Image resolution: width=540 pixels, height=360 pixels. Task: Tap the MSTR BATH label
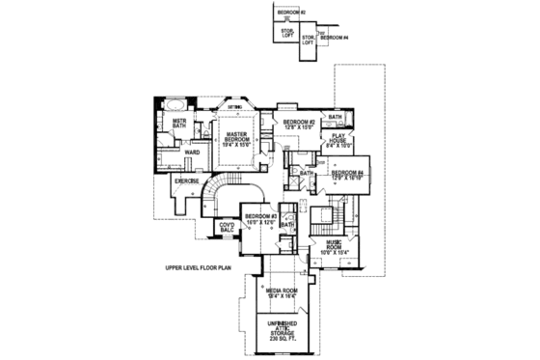coord(178,124)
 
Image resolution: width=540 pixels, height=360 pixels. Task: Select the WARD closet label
coord(192,152)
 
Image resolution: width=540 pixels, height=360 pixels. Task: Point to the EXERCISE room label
coord(186,180)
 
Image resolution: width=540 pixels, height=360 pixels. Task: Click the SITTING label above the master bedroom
coord(234,108)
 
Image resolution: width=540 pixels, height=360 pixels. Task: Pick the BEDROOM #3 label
coord(261,215)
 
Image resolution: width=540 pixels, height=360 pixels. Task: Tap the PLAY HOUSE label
coord(339,138)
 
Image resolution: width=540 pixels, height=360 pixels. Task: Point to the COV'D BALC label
coord(228,229)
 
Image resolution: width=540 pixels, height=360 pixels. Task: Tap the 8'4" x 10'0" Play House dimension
coord(339,146)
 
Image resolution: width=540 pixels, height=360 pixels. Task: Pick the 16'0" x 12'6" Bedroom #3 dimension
coord(261,222)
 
